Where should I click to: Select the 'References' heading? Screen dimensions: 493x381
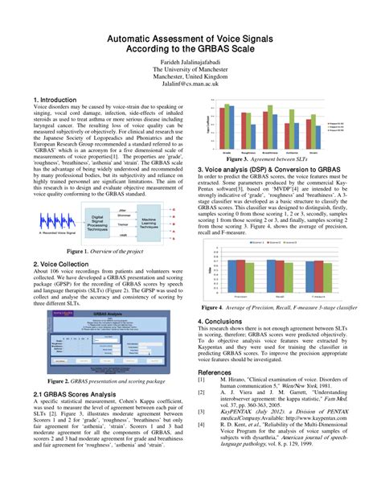pyautogui.click(x=219, y=373)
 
